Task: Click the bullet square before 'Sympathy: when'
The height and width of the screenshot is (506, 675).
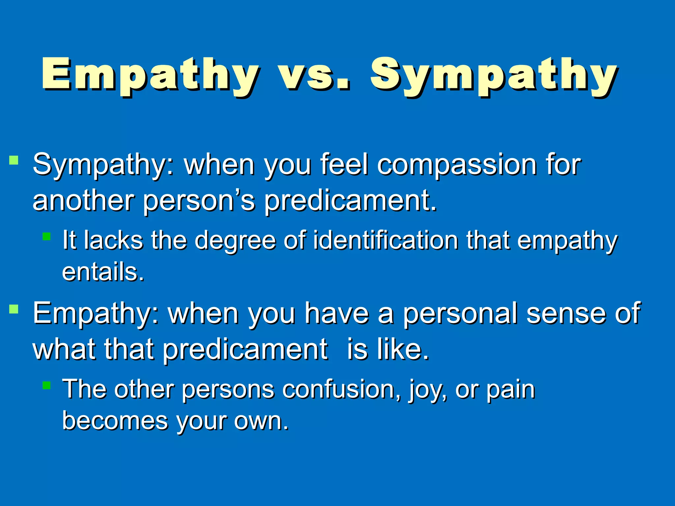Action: point(14,160)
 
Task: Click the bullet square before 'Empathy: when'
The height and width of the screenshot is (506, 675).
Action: point(14,309)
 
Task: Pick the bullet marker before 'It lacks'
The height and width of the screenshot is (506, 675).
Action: point(46,236)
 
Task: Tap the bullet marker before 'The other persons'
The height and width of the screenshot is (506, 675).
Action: point(46,385)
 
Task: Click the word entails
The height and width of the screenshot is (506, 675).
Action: point(102,272)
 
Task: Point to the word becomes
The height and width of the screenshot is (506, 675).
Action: point(115,421)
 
